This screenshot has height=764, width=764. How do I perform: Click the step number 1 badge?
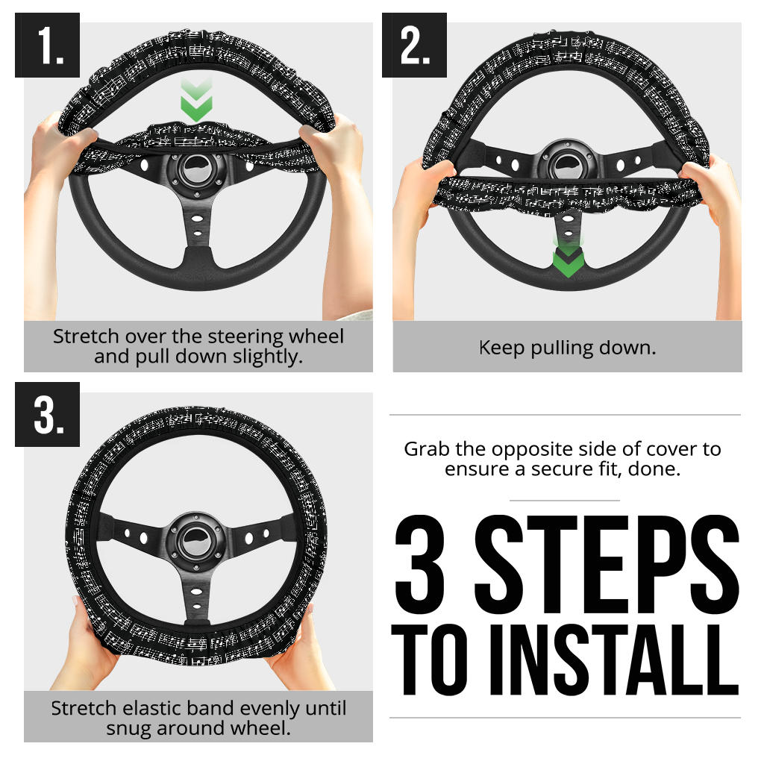point(47,46)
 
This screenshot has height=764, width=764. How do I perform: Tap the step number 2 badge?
point(414,46)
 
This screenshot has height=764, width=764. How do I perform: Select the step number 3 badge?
point(47,414)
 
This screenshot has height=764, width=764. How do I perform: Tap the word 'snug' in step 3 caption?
point(129,727)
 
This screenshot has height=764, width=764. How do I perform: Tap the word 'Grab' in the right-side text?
point(425,449)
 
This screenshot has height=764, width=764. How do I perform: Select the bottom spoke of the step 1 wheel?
point(198,231)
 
